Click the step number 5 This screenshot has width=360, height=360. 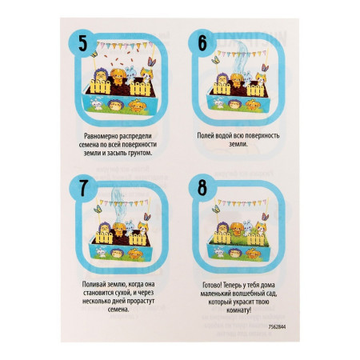click(83, 43)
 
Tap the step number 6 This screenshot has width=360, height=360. click(202, 43)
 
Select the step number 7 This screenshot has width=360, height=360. click(83, 188)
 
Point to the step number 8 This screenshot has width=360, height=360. click(202, 187)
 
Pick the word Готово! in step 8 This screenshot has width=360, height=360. click(213, 285)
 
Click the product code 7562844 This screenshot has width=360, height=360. click(277, 326)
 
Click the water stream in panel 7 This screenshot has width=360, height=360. click(119, 205)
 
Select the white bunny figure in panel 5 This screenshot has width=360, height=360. click(131, 74)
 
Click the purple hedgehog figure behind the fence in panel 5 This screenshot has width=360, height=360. click(100, 75)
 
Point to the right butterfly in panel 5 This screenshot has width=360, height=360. click(151, 62)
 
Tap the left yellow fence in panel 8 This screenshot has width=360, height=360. click(222, 238)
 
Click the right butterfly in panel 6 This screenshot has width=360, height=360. click(265, 68)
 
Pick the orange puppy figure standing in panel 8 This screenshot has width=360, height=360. click(237, 230)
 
